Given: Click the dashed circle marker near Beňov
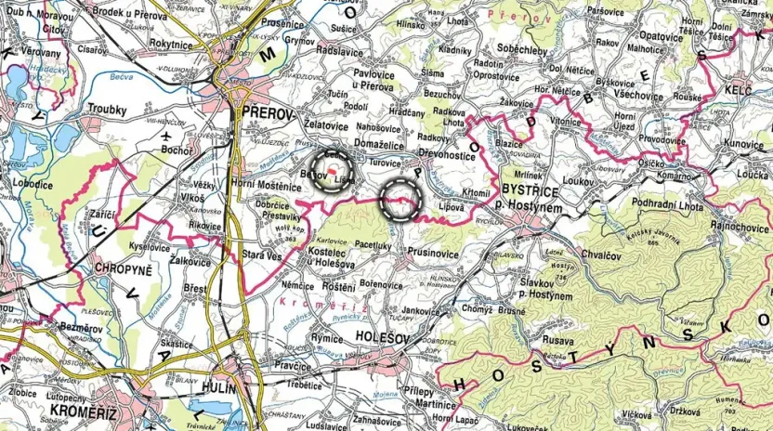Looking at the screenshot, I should click(x=331, y=170).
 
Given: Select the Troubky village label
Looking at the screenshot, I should click(x=106, y=110).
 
